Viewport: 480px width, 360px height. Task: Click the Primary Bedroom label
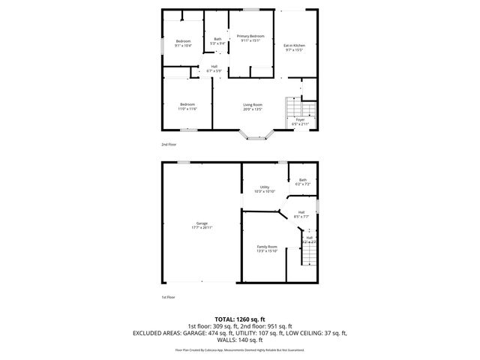point(250,36)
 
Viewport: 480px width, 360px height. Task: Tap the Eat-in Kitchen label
point(294,45)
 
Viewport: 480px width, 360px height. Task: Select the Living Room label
point(252,104)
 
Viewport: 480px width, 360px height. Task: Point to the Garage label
point(202,223)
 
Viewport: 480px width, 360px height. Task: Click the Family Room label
point(267,247)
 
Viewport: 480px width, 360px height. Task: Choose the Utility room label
point(265,187)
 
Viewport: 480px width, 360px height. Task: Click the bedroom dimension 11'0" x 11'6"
point(187,109)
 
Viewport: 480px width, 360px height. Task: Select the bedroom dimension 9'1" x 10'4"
point(183,46)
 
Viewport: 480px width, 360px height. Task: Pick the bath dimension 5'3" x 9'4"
point(217,43)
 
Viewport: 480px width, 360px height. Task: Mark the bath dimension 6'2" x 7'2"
point(303,184)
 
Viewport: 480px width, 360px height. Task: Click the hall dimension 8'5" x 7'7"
point(301,217)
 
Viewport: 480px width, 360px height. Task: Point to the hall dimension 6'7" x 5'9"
point(214,70)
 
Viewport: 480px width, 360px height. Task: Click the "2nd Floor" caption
point(169,143)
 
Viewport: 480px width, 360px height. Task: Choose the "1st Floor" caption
point(168,297)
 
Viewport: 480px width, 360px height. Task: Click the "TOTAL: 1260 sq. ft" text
point(239,319)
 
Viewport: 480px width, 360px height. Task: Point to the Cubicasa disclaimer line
point(239,349)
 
